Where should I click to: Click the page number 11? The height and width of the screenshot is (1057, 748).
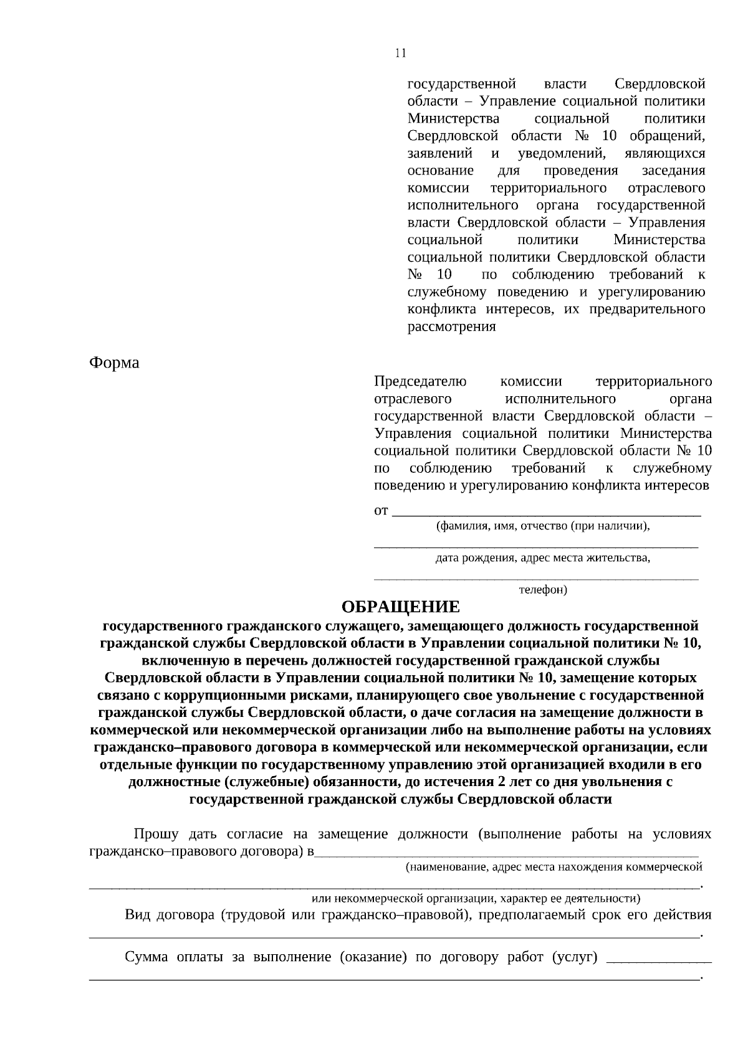pos(400,54)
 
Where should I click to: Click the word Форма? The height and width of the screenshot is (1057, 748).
pos(114,363)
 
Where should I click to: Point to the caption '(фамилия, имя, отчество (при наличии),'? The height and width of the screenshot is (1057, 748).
pos(543,526)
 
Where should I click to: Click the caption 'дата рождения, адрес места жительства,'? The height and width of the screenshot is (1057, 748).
pos(543,557)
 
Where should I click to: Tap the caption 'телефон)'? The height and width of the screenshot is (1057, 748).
pos(543,589)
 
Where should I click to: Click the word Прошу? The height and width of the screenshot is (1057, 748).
pos(156,834)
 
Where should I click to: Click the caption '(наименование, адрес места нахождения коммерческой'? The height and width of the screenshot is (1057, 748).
pos(554,866)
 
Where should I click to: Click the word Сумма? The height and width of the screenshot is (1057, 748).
pos(146,957)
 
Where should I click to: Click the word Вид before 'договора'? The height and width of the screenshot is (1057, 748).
pos(138,915)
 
